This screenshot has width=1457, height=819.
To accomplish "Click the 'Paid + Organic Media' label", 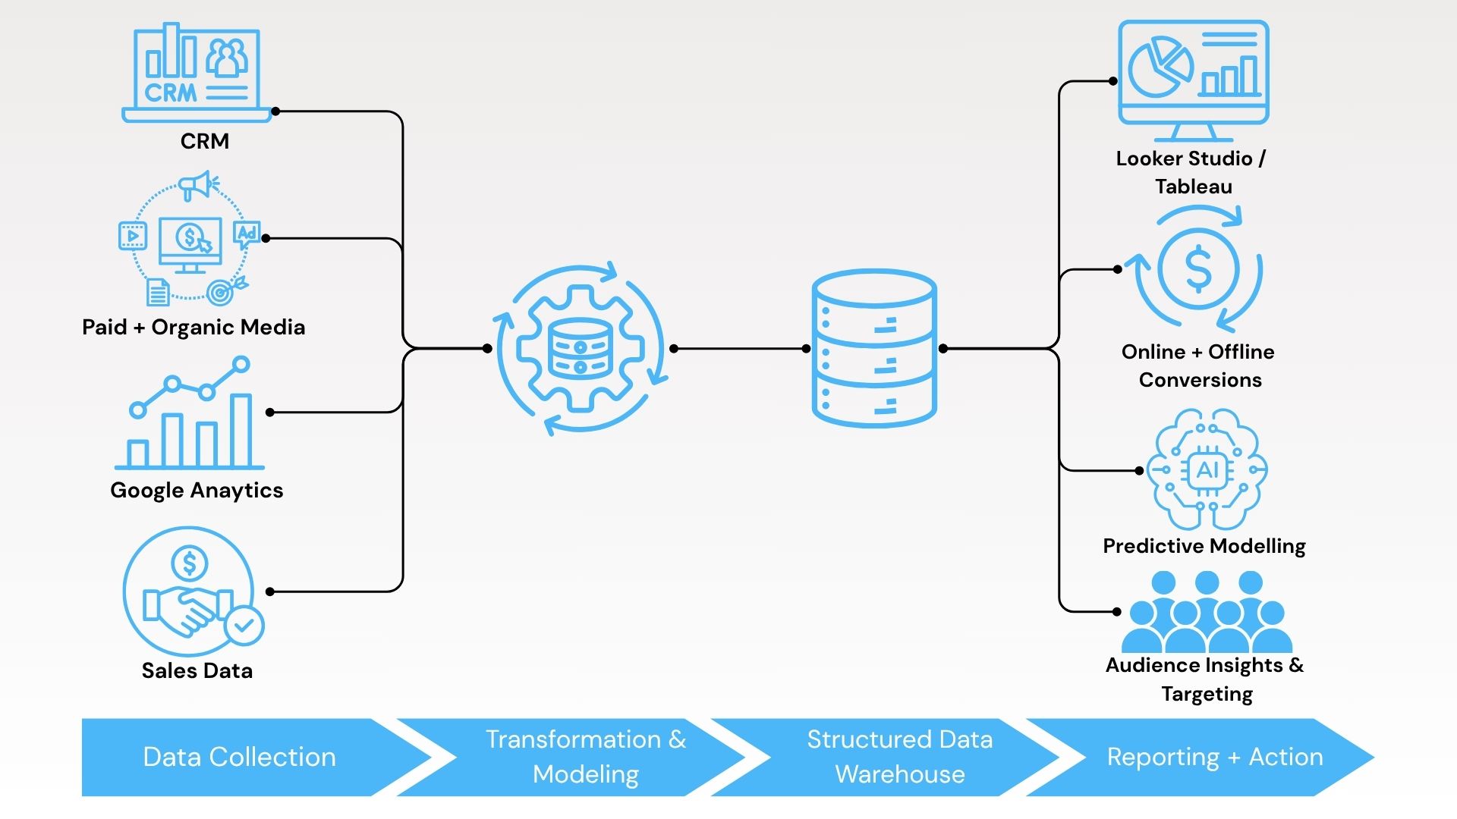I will pyautogui.click(x=194, y=328).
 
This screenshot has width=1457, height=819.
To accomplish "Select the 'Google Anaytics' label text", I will pyautogui.click(x=197, y=491).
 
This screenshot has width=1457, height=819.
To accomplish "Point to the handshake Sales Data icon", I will pyautogui.click(x=188, y=591).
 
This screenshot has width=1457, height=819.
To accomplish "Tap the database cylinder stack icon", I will pyautogui.click(x=874, y=349).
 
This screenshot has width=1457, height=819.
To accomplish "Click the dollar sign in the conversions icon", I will pyautogui.click(x=1198, y=269).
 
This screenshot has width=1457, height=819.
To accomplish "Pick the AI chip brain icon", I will pyautogui.click(x=1207, y=470).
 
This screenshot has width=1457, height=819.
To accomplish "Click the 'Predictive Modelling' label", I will pyautogui.click(x=1204, y=546).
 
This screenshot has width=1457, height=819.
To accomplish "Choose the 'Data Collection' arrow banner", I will pyautogui.click(x=240, y=757).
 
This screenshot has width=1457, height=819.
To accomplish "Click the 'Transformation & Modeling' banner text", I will pyautogui.click(x=586, y=757).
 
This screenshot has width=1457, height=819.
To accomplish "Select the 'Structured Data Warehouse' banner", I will pyautogui.click(x=899, y=757).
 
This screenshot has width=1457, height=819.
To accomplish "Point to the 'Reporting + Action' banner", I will pyautogui.click(x=1214, y=757).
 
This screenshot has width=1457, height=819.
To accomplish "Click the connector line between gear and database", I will pyautogui.click(x=740, y=349).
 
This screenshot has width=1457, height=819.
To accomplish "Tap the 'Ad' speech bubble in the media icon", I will pyautogui.click(x=247, y=234).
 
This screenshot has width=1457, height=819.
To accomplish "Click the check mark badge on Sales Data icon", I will pyautogui.click(x=244, y=626).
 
